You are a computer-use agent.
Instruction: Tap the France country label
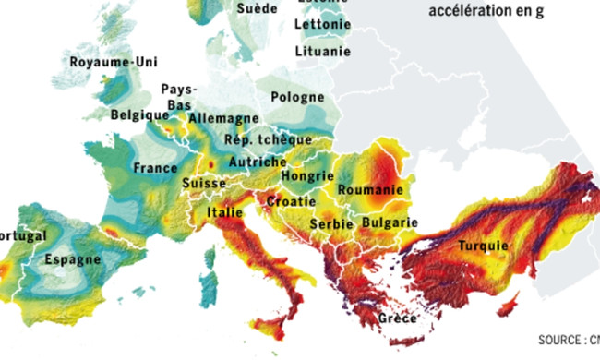tap(155, 169)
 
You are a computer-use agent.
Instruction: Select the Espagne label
tap(73, 259)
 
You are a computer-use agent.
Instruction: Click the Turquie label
tap(481, 246)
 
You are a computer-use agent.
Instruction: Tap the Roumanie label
tap(371, 189)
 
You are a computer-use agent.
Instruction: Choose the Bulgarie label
tap(390, 222)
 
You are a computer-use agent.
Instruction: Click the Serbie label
tap(330, 224)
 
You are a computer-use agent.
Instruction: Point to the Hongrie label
tap(306, 175)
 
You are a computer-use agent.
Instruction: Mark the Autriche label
tap(258, 162)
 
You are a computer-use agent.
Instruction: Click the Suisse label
tap(204, 184)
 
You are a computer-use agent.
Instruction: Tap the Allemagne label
tap(224, 118)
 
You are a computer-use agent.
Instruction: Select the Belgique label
tap(139, 115)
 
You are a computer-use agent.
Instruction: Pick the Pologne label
tap(298, 96)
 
